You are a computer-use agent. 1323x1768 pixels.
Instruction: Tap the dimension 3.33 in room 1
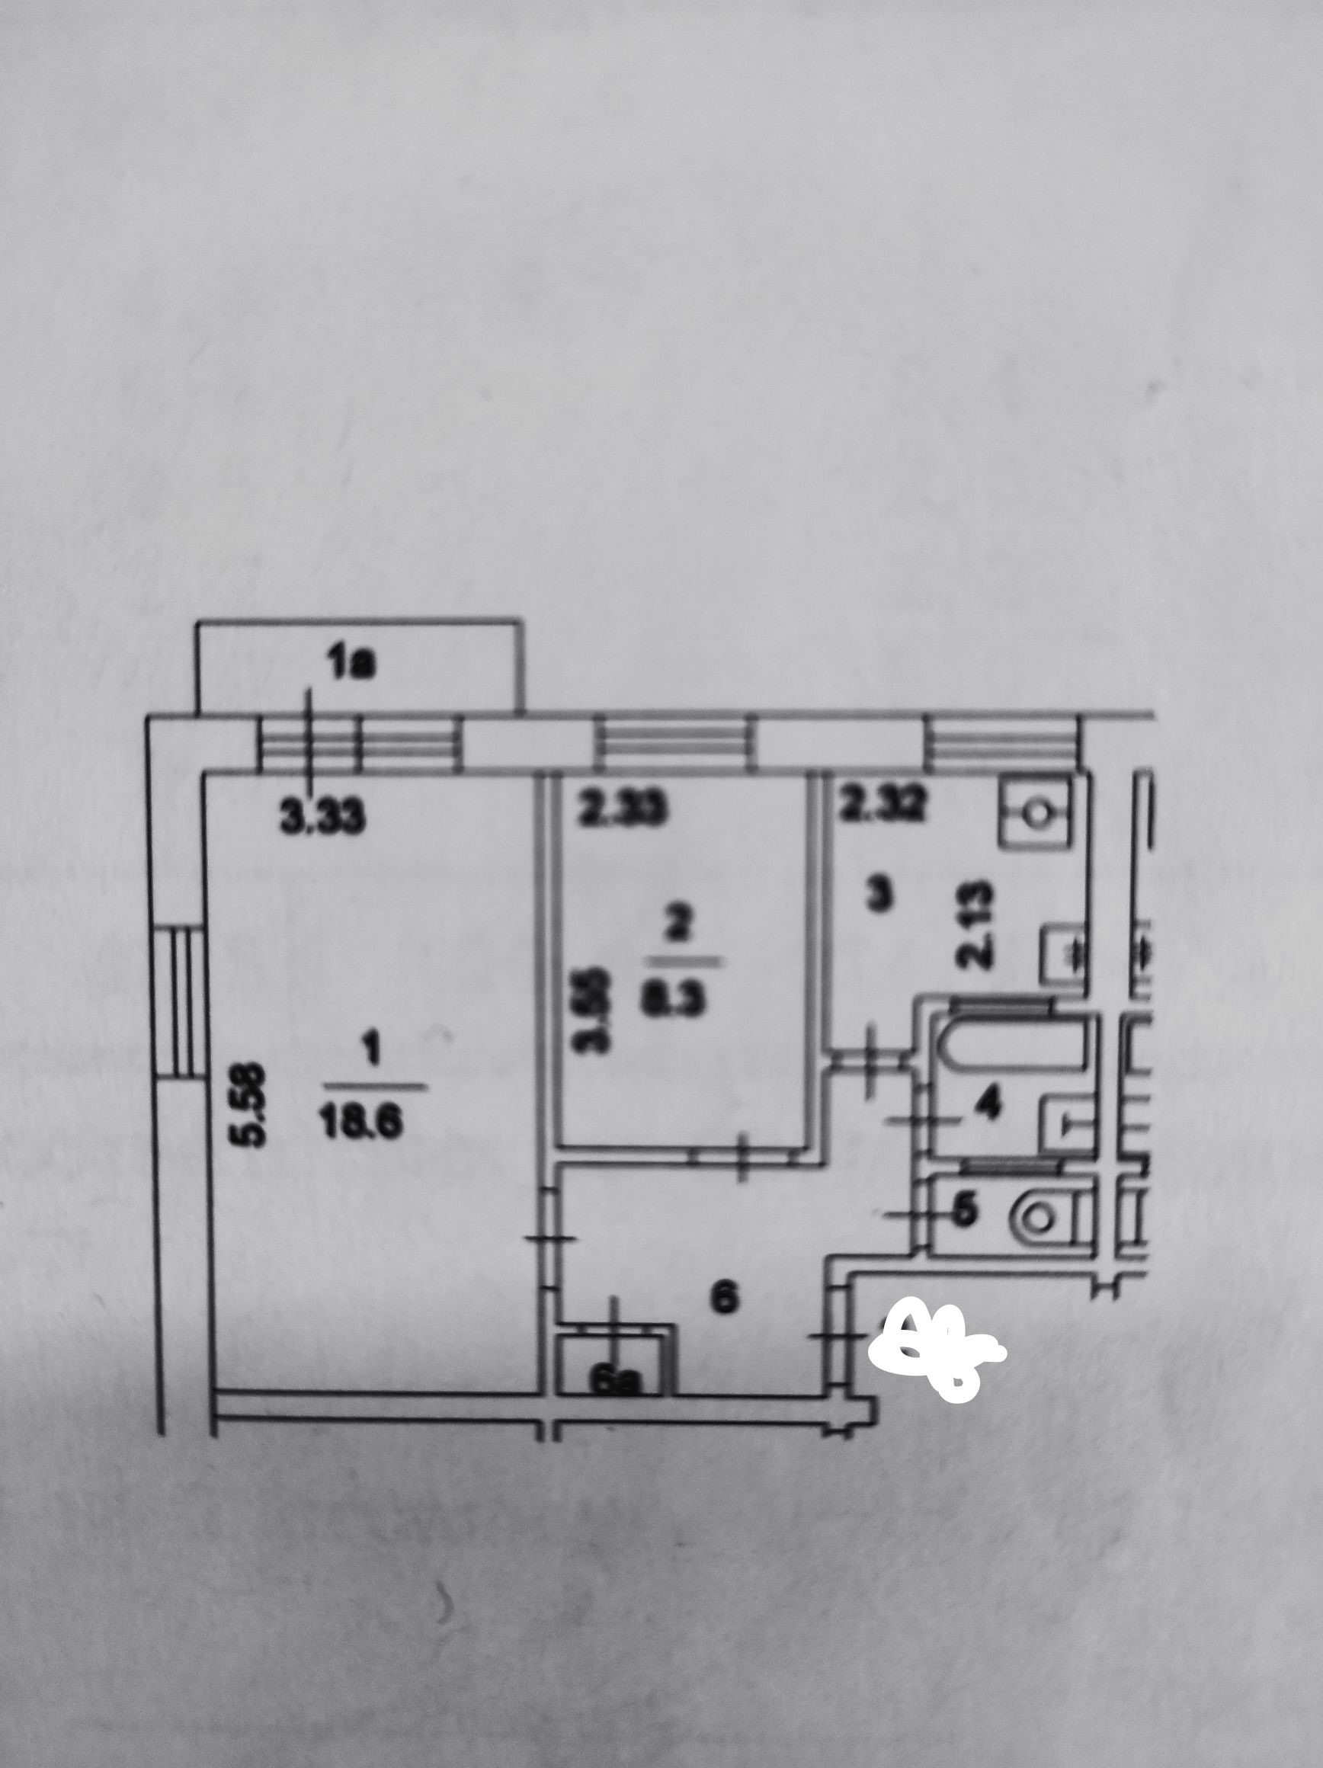coord(323,818)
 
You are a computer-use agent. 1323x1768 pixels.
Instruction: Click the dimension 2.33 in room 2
coord(623,812)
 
